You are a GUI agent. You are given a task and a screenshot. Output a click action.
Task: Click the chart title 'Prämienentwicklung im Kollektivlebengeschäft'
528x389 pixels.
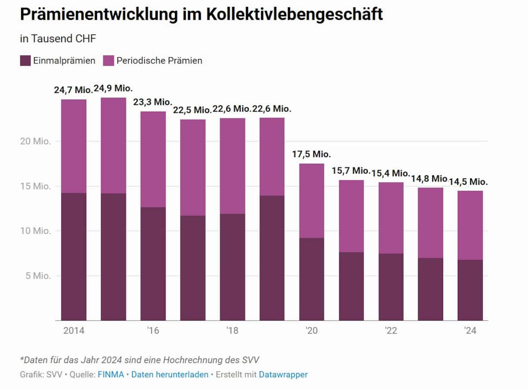click(201, 15)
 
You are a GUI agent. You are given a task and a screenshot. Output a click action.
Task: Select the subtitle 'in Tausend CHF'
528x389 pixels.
click(58, 39)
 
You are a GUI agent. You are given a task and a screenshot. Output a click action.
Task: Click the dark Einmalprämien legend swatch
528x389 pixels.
click(25, 61)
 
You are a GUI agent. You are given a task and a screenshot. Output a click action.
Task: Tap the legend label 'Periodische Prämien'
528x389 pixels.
click(159, 61)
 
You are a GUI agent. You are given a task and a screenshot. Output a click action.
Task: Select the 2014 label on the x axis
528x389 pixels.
click(74, 331)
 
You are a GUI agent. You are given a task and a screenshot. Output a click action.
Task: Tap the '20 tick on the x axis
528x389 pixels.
click(311, 331)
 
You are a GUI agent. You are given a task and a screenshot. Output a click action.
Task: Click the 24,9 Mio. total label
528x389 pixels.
click(113, 89)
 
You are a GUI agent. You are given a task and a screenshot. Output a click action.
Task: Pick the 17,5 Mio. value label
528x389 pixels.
click(311, 155)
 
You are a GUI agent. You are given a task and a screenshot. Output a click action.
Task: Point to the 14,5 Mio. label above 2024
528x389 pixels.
click(470, 182)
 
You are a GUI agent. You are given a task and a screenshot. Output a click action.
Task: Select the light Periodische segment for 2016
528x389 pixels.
click(153, 159)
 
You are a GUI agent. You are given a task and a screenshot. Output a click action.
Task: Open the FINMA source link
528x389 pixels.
click(111, 375)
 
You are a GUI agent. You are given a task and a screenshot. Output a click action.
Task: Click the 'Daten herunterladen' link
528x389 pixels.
click(170, 375)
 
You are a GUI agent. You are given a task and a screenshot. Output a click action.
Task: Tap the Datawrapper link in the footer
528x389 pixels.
click(283, 375)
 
